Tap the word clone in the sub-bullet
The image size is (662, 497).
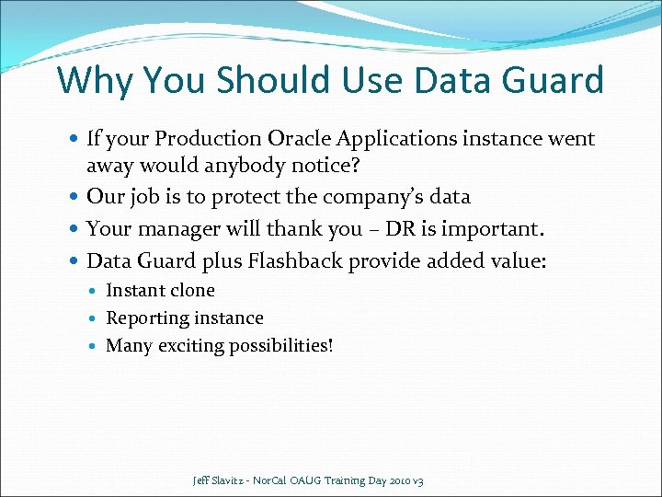pyautogui.click(x=190, y=291)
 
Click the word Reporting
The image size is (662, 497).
pyautogui.click(x=147, y=318)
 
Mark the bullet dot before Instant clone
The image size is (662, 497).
pyautogui.click(x=95, y=292)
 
